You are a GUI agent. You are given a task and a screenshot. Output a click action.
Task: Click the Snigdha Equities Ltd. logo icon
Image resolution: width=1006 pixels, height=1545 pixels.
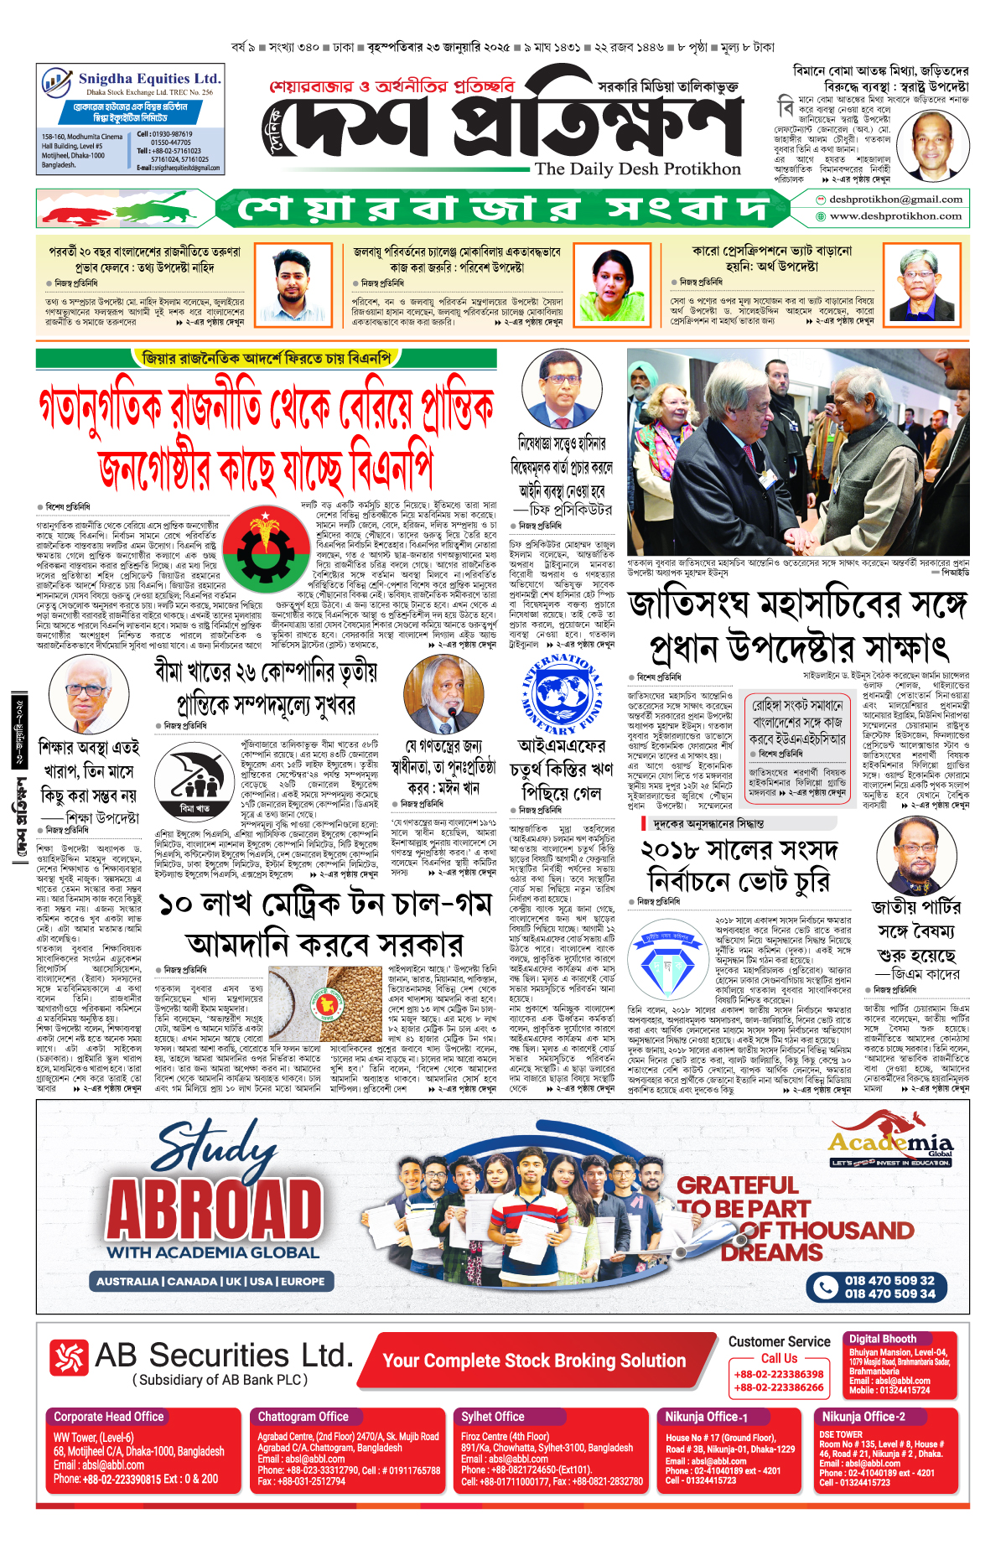click(55, 82)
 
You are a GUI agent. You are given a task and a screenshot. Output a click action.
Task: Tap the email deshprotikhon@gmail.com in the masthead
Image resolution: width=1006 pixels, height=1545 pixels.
click(895, 200)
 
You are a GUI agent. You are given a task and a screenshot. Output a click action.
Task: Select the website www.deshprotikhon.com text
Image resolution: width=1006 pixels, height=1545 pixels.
click(895, 216)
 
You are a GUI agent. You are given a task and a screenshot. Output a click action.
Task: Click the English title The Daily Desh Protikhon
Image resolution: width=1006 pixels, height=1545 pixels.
click(637, 168)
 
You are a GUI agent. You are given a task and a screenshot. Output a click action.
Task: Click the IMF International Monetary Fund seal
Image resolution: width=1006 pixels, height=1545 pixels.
click(561, 696)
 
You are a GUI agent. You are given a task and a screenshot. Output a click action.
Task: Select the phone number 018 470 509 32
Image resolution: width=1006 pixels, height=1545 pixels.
click(889, 1280)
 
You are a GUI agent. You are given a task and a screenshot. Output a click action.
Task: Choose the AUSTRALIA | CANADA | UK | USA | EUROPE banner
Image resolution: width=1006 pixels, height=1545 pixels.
click(210, 1281)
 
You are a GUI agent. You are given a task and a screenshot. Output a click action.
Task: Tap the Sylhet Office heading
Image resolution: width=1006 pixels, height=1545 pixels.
click(493, 1416)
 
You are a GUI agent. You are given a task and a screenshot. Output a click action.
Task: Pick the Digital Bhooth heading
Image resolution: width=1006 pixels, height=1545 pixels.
click(882, 1339)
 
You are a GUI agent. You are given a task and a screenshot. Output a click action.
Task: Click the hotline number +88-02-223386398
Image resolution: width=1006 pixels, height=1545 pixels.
click(778, 1374)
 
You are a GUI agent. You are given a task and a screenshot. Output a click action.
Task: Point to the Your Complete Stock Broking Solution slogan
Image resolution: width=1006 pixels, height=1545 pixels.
click(534, 1361)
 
